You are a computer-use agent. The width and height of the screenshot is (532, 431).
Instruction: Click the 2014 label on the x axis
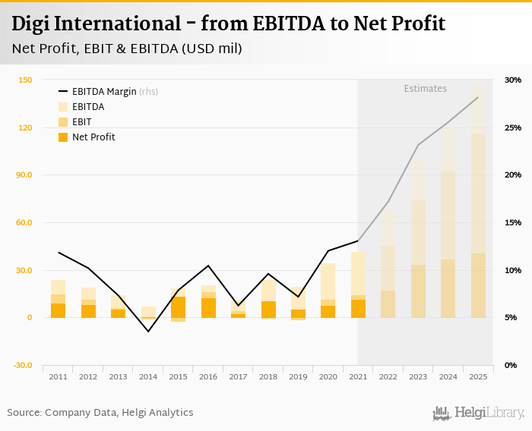point(148,377)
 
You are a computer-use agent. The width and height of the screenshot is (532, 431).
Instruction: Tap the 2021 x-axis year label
point(358,377)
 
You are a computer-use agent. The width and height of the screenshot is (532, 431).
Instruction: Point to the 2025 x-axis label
point(478,377)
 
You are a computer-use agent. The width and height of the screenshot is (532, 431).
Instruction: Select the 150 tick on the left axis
point(25,80)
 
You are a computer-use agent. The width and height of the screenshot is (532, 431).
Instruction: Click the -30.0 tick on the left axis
point(22,365)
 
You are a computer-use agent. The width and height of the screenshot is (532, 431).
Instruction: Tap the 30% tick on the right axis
point(512,80)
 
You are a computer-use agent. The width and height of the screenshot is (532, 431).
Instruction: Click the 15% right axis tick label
point(512,222)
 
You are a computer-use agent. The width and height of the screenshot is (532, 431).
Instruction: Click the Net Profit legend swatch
point(63,137)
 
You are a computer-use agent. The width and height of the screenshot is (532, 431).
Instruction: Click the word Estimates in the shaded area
point(425,88)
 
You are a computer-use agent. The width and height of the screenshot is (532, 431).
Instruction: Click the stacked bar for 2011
point(59,299)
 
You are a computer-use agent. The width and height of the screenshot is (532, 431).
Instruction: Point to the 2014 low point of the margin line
point(148,332)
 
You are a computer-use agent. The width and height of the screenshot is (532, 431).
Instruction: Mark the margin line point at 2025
point(478,97)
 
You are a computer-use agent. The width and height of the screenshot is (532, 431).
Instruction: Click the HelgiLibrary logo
point(478,413)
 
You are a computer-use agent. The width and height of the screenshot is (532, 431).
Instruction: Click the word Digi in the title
point(30,24)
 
